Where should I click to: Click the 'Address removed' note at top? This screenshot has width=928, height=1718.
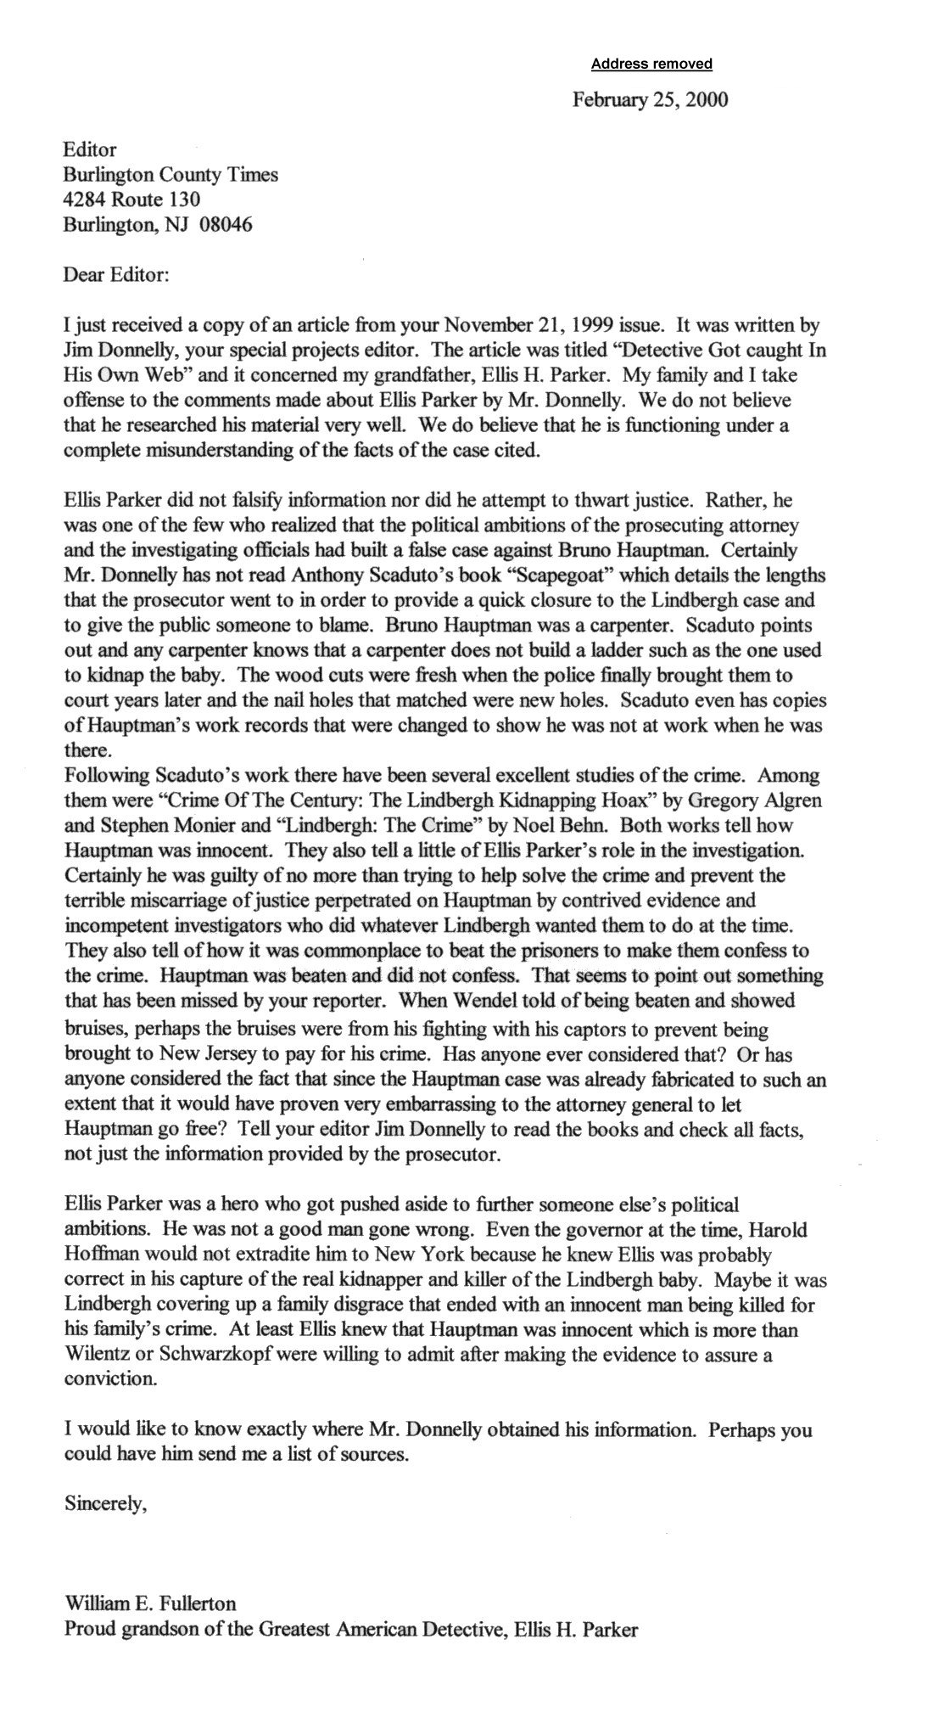pyautogui.click(x=651, y=64)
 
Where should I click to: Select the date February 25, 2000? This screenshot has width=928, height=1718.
pyautogui.click(x=650, y=100)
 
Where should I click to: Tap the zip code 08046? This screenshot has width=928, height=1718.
pyautogui.click(x=225, y=225)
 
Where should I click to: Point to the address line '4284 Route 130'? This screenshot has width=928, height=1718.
pyautogui.click(x=131, y=199)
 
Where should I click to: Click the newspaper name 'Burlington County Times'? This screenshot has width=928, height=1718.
pyautogui.click(x=171, y=175)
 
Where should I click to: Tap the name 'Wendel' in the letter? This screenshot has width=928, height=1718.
pyautogui.click(x=463, y=1000)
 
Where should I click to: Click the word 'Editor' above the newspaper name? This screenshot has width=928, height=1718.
pyautogui.click(x=90, y=150)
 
